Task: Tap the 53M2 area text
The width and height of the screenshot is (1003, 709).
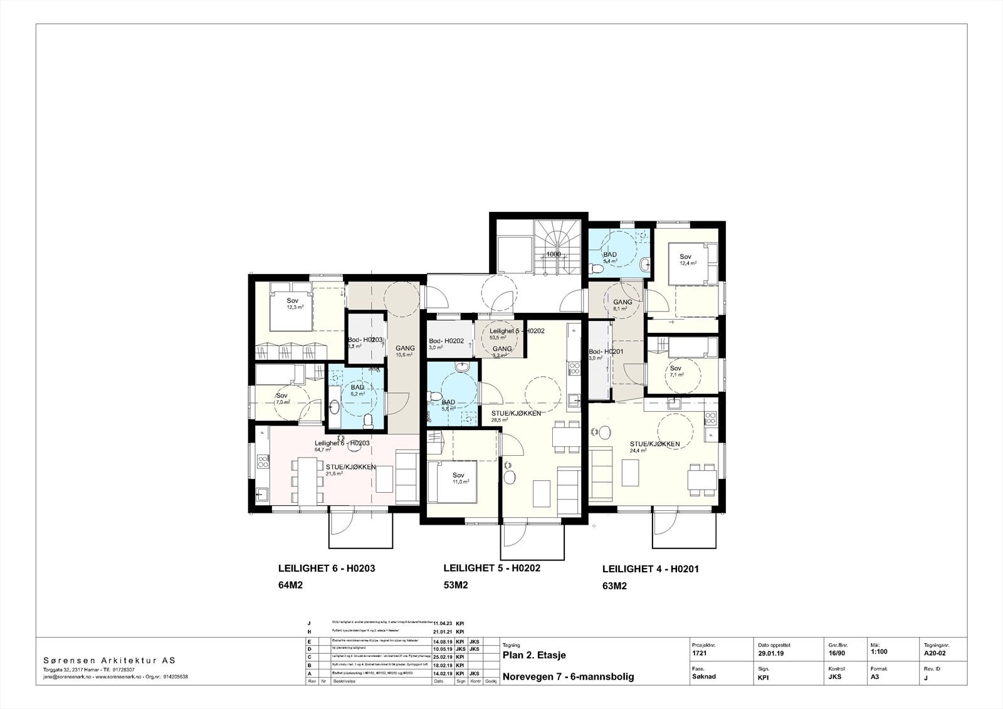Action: point(456,586)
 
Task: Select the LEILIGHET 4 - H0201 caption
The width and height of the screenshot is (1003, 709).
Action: point(650,569)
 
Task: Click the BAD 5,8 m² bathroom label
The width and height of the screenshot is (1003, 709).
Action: point(448,405)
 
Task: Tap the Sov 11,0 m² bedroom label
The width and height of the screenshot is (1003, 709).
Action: point(460,478)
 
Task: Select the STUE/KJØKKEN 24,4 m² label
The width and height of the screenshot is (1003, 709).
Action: point(654,446)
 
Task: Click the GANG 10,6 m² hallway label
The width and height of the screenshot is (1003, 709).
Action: point(404,351)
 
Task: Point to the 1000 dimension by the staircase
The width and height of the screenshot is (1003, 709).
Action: point(553,255)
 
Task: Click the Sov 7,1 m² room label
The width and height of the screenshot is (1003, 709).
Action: point(676,371)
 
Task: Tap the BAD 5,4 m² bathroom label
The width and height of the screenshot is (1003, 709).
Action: point(610,258)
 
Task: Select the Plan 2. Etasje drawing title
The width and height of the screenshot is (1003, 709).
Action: point(534,655)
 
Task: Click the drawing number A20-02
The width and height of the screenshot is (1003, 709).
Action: point(935,652)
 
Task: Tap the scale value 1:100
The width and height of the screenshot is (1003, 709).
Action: point(880,652)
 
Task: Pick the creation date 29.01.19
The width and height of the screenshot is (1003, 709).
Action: point(770,653)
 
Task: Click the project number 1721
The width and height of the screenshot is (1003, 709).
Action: point(699,653)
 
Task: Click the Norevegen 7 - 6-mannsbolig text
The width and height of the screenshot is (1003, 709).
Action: point(568,676)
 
